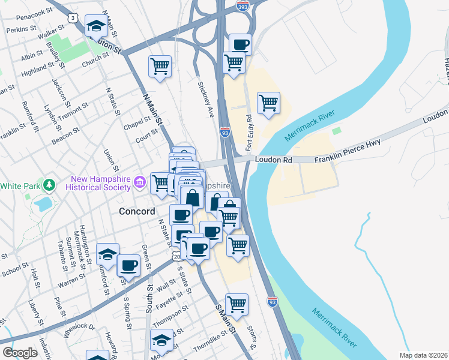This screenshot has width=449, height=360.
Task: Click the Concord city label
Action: tap(137, 211)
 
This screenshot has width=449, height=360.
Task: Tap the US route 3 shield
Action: tap(73, 19)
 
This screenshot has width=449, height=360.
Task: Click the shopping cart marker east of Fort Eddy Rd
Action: tap(268, 103)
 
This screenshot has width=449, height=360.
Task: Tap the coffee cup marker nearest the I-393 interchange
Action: tap(240, 44)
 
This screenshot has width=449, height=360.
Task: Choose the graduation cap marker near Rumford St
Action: tap(107, 254)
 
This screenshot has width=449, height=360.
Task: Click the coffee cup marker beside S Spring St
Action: tap(128, 265)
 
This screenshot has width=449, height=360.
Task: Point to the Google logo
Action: tap(20, 353)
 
